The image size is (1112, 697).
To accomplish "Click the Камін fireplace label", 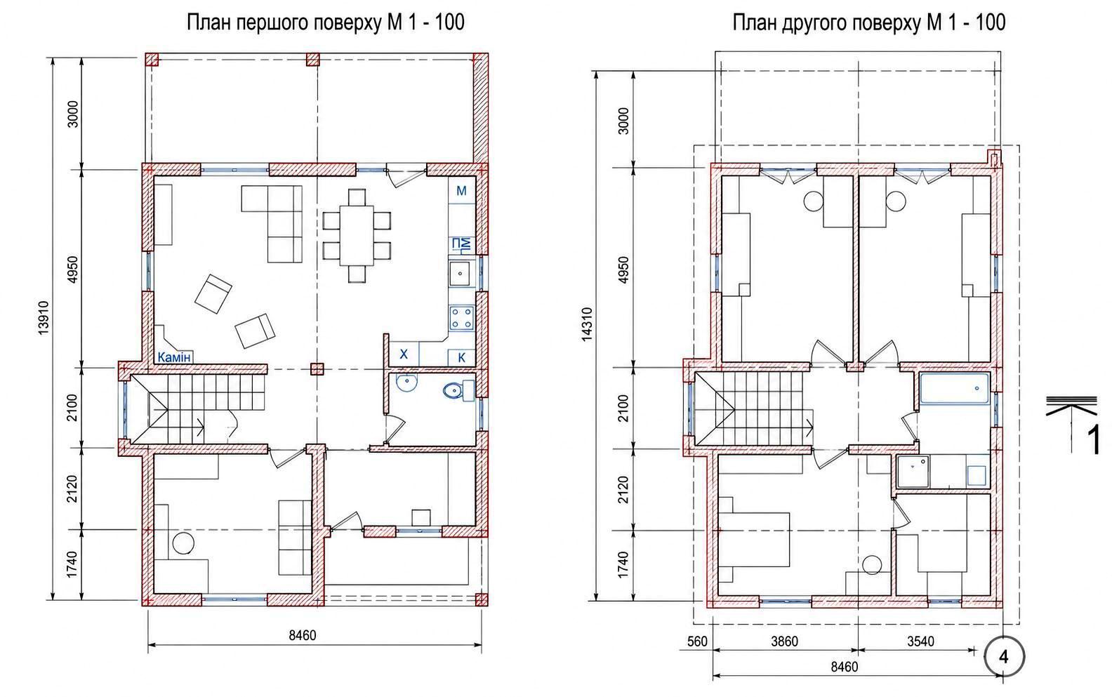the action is pyautogui.click(x=174, y=357).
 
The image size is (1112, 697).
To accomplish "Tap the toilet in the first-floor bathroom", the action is pyautogui.click(x=459, y=390).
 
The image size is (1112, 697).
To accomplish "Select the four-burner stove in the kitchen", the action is pyautogui.click(x=461, y=319).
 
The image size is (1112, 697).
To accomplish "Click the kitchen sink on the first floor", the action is pyautogui.click(x=461, y=273).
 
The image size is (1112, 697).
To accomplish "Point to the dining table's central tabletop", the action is pyautogui.click(x=357, y=235).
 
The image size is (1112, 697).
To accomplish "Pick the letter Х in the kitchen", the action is pyautogui.click(x=404, y=354).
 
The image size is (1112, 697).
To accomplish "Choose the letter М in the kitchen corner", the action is pyautogui.click(x=461, y=191).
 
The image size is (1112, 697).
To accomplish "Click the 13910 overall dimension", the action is pyautogui.click(x=44, y=318).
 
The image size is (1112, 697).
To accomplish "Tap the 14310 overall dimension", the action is pyautogui.click(x=587, y=325).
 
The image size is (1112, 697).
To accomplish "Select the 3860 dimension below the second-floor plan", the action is pyautogui.click(x=784, y=642).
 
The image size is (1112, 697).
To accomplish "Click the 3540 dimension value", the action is pyautogui.click(x=921, y=642).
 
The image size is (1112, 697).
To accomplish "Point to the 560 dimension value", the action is pyautogui.click(x=697, y=642).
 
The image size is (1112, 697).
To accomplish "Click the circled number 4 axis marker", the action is pyautogui.click(x=1004, y=657).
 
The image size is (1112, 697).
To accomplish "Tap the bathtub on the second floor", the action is pyautogui.click(x=954, y=389).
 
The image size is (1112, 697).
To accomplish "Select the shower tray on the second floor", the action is pyautogui.click(x=913, y=471).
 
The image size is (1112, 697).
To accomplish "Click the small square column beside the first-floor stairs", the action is pyautogui.click(x=317, y=369).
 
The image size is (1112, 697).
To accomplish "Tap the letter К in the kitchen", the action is pyautogui.click(x=461, y=357).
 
